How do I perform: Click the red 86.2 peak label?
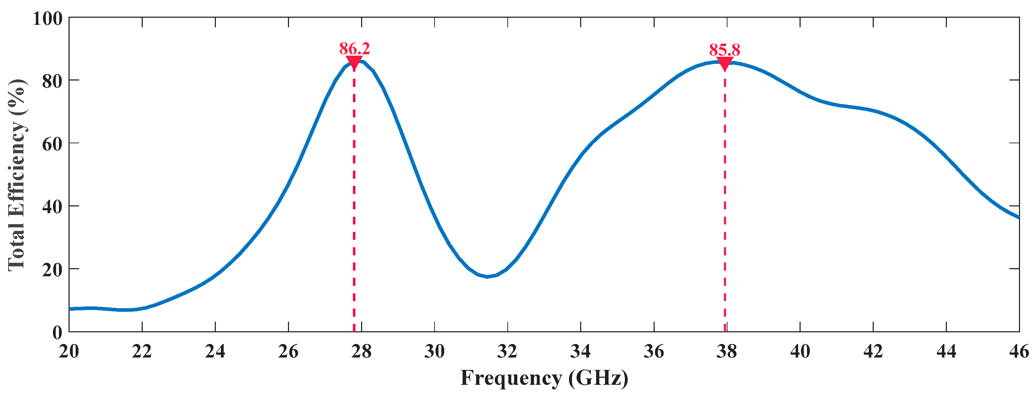click(x=354, y=49)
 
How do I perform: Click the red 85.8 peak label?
click(x=724, y=50)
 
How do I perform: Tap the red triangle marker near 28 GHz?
click(x=354, y=63)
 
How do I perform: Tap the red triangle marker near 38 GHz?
click(x=725, y=63)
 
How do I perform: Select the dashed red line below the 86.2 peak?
click(x=354, y=201)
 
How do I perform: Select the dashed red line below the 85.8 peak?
click(x=725, y=201)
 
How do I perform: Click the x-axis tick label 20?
click(x=69, y=351)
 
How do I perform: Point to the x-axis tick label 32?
click(x=507, y=351)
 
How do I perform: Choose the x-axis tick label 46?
click(x=1019, y=351)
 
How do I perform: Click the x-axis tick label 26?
click(x=288, y=351)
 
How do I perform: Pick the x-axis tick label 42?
click(x=873, y=351)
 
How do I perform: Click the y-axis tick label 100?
click(x=48, y=18)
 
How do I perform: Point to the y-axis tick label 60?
click(x=52, y=144)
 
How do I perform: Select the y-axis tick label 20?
click(x=52, y=270)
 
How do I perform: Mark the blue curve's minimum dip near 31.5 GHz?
click(x=487, y=276)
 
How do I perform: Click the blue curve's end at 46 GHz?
click(x=1018, y=217)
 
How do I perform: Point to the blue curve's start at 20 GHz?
click(x=70, y=309)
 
